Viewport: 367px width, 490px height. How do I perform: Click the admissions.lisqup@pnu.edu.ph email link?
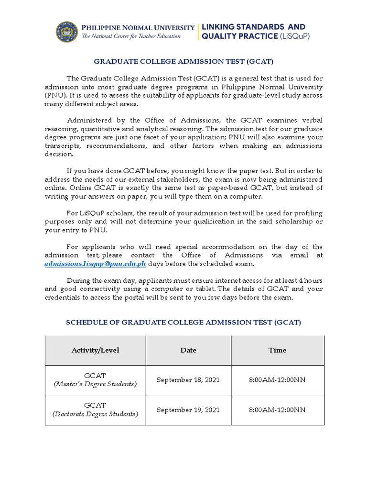tap(95, 264)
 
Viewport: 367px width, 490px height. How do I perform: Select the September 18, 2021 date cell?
tap(188, 380)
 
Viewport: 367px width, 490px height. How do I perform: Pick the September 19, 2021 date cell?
tap(188, 410)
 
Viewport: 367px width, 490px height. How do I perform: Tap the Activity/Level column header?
tap(95, 350)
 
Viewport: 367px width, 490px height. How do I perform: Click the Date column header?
tap(188, 350)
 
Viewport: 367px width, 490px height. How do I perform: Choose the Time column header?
tap(277, 350)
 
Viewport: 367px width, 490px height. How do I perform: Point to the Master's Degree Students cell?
tap(95, 380)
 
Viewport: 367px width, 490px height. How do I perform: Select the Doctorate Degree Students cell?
tap(95, 410)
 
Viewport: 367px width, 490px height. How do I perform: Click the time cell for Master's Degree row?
tap(277, 380)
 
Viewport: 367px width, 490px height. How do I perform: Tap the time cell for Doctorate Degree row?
tap(277, 410)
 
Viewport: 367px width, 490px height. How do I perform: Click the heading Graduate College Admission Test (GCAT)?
tap(183, 61)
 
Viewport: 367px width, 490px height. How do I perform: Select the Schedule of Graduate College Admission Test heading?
tap(183, 323)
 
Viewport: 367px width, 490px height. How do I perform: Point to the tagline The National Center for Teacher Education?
tap(131, 36)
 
